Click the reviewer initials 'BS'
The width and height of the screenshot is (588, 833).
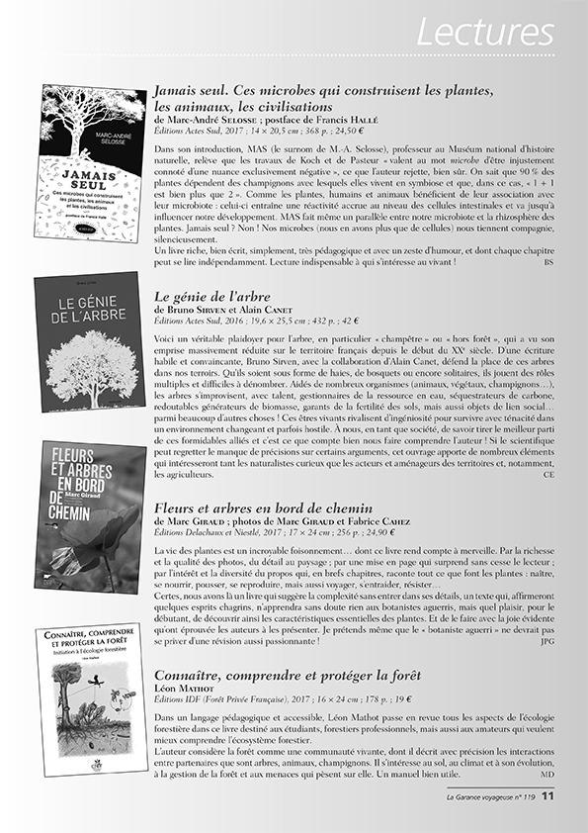548,262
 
